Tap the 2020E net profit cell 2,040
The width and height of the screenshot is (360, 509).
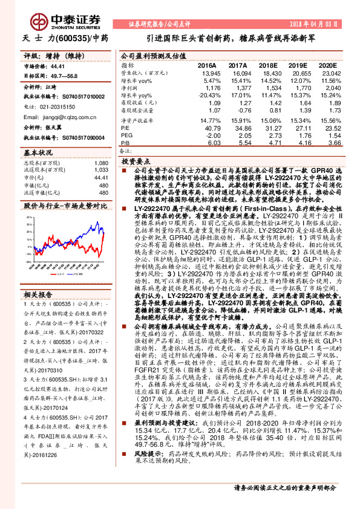[325, 87]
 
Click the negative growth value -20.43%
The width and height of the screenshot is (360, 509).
[204, 95]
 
